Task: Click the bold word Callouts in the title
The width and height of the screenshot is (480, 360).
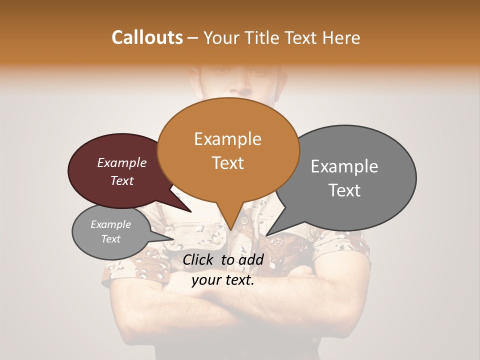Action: [x=147, y=37]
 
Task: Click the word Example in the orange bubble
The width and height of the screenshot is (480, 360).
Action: [x=227, y=139]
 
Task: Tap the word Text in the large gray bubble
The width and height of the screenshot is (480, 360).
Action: [x=344, y=190]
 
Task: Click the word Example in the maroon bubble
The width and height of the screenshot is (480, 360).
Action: [x=121, y=163]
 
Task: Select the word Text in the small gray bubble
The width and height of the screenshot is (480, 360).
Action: [x=110, y=239]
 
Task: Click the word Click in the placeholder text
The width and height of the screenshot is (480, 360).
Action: [x=198, y=259]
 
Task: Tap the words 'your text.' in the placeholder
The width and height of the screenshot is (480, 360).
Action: [x=222, y=280]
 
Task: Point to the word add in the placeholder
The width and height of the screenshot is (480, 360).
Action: [x=251, y=259]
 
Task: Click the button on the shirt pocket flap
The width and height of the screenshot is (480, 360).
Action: [x=244, y=220]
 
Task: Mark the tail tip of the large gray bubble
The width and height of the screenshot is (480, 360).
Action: [x=266, y=235]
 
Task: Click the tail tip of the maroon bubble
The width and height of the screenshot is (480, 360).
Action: [x=190, y=212]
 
